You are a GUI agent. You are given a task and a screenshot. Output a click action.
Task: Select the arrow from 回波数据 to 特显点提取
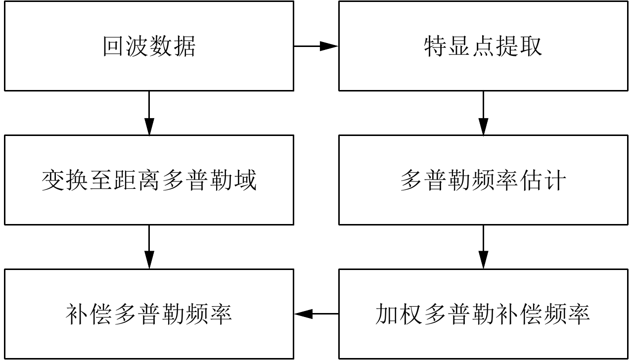coord(316,46)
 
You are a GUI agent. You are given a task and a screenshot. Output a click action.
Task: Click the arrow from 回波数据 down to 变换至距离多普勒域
coord(149,113)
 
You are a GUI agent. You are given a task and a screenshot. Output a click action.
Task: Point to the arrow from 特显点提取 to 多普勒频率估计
coord(483,113)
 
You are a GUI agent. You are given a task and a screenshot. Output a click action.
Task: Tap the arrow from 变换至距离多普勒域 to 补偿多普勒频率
coord(149,247)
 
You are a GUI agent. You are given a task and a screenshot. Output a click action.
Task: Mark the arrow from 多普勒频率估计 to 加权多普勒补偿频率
coord(483,247)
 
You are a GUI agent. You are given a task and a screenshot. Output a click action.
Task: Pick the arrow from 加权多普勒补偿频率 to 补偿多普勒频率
coord(316,314)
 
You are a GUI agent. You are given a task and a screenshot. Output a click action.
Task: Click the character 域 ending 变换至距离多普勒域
coord(246,180)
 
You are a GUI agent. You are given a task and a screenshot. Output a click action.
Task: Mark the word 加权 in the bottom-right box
coord(399,314)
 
